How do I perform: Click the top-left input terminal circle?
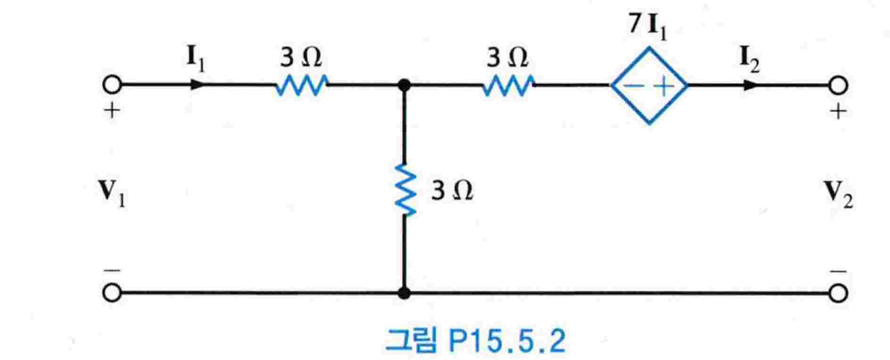[x=112, y=85]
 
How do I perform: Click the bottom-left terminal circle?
[x=112, y=293]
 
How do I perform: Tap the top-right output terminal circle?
[x=838, y=86]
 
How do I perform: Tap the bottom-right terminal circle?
[x=838, y=293]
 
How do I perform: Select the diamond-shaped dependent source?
[x=649, y=86]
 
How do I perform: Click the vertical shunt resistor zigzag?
[x=405, y=190]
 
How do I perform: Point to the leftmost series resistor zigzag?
[x=301, y=86]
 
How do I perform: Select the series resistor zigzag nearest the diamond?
[x=508, y=86]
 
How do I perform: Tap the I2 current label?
[x=749, y=60]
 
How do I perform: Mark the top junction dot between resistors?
[x=404, y=85]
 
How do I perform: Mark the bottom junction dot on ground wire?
[x=404, y=293]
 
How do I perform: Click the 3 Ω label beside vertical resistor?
[x=451, y=192]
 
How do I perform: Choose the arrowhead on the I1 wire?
[x=197, y=85]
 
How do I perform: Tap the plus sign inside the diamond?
[x=664, y=87]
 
